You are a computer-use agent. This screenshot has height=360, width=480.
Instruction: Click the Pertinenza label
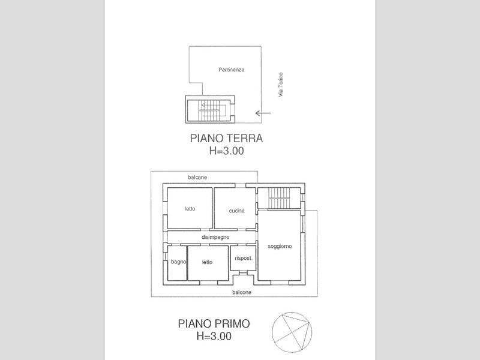point(231,70)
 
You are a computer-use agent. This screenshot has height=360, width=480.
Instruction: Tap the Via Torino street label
point(280,85)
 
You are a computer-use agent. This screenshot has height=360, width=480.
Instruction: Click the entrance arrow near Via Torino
point(263,113)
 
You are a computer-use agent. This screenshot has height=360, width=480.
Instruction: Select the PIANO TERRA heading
point(226,138)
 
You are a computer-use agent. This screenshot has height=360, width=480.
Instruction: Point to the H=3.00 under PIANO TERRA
point(226,151)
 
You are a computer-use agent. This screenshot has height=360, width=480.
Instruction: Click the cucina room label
point(236,211)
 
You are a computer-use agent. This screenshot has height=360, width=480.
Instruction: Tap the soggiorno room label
point(280,246)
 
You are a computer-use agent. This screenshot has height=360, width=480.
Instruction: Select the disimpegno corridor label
point(215,237)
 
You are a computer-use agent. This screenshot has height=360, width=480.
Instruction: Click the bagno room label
point(178,262)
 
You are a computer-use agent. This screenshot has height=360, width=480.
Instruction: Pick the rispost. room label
point(244,258)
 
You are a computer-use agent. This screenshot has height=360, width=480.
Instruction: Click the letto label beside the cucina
point(190,209)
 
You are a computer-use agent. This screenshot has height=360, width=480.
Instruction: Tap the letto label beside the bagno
point(207,262)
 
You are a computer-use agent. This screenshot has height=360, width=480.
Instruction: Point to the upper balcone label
point(197,177)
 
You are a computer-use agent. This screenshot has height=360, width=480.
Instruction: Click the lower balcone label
point(242,292)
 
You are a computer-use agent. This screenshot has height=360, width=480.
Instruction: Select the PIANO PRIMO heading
point(214,323)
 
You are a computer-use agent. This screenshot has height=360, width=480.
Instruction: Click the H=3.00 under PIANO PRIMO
point(214,336)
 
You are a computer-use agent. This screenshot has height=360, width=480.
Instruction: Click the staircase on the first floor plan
point(278,198)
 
